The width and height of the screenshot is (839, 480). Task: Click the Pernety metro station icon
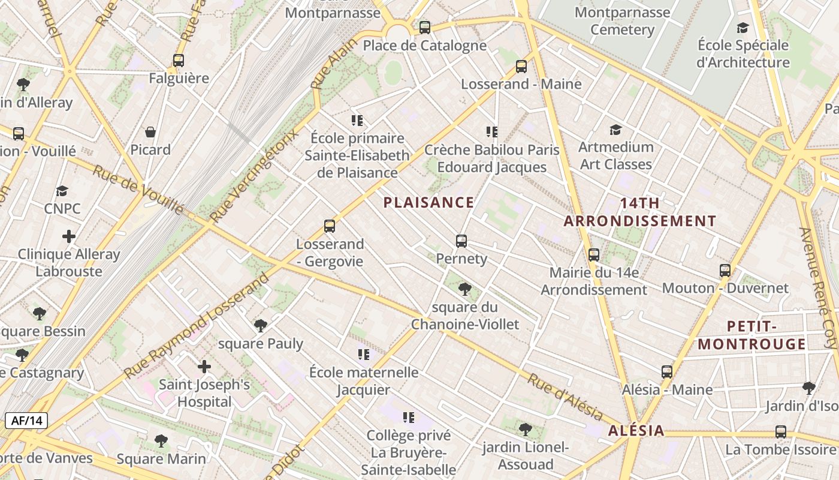(x=461, y=241)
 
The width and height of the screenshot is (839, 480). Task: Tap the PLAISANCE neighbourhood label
(x=428, y=202)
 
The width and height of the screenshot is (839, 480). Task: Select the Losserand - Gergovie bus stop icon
(x=330, y=226)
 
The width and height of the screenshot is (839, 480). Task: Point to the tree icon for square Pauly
(x=260, y=326)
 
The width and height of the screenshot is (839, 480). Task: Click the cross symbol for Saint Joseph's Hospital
(x=204, y=366)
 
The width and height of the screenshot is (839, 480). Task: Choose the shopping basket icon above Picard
(x=150, y=132)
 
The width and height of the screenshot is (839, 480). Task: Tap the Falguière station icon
(x=179, y=61)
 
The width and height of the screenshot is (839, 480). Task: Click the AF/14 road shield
(x=26, y=421)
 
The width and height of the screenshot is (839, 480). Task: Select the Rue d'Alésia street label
(x=565, y=397)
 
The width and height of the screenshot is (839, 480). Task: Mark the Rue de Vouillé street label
(x=138, y=188)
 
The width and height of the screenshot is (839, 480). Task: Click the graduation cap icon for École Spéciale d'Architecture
(x=743, y=28)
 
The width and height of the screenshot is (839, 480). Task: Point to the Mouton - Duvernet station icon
(x=725, y=271)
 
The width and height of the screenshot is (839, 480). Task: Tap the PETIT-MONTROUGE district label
(x=752, y=335)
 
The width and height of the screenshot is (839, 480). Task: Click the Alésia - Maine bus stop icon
(x=667, y=372)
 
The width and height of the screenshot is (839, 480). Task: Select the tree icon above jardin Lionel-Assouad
(x=526, y=429)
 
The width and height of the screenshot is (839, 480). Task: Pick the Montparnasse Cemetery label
(x=622, y=21)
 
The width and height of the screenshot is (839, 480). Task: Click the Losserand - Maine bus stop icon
(x=521, y=67)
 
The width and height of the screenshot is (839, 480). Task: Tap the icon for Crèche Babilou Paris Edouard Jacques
(x=492, y=132)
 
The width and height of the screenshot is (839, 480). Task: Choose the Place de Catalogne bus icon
(x=425, y=27)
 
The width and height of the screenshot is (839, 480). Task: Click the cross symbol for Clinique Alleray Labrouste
(x=69, y=236)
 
